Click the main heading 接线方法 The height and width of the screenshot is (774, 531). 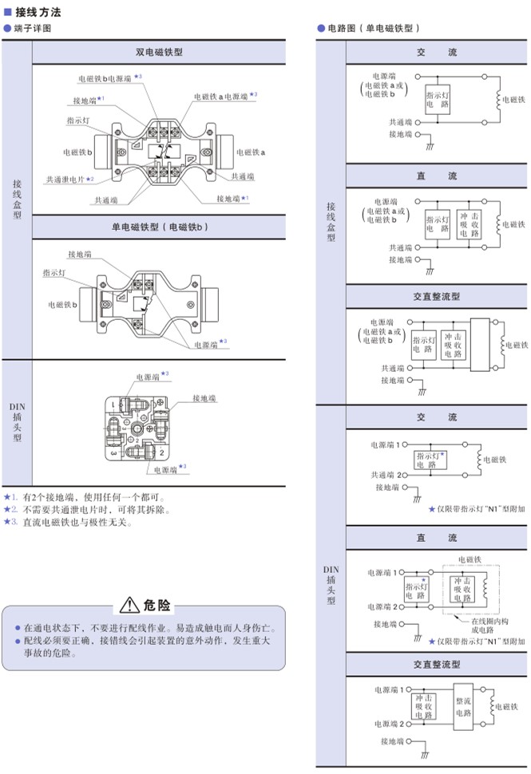pos(38,13)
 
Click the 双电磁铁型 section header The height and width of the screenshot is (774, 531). pos(159,53)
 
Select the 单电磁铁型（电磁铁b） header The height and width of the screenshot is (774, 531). pos(159,227)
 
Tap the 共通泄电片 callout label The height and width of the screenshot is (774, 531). pos(69,180)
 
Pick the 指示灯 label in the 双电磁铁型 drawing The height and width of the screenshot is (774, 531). pos(78,120)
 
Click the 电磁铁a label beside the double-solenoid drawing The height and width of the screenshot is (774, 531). pos(251,151)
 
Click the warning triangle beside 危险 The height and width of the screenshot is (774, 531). pos(129,602)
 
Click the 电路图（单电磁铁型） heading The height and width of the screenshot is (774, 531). pos(374,28)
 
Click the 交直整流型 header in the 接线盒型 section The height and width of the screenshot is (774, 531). pos(436,296)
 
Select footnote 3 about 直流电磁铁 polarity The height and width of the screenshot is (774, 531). pos(71,523)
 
